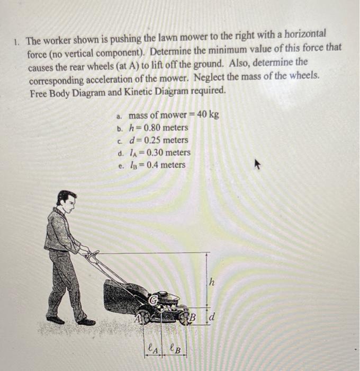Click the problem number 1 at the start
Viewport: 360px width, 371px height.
point(17,41)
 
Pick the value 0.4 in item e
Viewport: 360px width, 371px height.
point(152,165)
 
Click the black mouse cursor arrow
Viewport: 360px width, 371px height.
point(258,165)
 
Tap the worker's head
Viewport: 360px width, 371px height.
point(67,200)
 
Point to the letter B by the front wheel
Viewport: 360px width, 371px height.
point(193,319)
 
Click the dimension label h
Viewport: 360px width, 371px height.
point(212,282)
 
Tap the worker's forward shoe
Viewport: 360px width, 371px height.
point(86,321)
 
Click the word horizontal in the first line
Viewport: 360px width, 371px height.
point(298,34)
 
